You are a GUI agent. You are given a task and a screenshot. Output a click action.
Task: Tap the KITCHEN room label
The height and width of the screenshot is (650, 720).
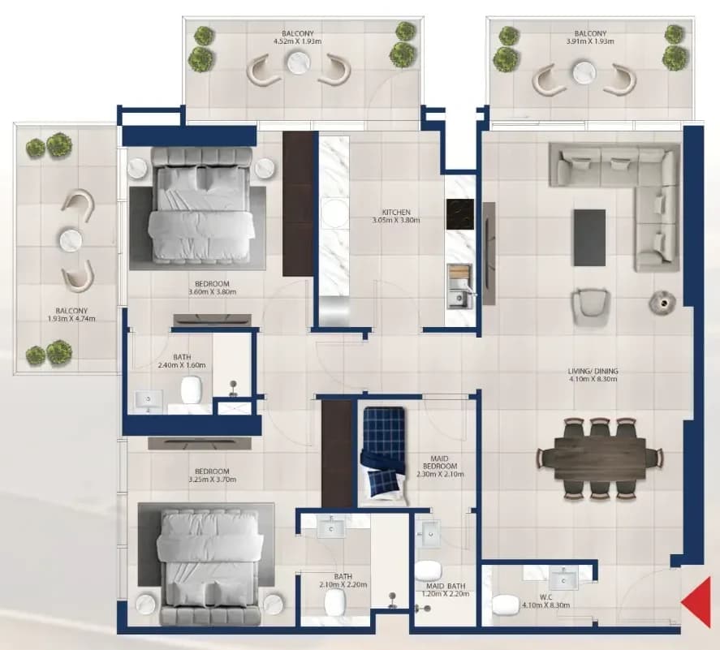396,213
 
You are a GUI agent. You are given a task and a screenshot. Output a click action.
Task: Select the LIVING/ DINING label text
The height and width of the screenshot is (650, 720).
593,371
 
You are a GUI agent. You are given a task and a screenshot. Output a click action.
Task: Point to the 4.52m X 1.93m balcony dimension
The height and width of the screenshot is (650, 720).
298,41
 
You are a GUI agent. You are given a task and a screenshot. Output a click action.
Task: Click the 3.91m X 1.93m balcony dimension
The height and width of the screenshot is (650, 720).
590,41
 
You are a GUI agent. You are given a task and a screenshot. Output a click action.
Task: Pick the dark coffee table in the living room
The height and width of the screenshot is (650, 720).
589,237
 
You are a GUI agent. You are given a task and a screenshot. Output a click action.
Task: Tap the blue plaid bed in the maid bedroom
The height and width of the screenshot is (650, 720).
384,453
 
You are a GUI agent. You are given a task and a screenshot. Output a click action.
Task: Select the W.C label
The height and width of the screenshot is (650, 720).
546,598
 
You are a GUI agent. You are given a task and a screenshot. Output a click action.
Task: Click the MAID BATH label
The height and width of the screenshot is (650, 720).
446,586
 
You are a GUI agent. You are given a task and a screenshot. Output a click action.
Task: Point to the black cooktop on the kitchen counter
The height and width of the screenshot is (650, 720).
459,213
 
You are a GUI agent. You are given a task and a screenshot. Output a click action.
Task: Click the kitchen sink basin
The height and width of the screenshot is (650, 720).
458,299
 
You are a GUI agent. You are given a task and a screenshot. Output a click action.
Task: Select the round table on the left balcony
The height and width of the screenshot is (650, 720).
71,239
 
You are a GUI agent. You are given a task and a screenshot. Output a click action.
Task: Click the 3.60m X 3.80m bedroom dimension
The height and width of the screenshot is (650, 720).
213,292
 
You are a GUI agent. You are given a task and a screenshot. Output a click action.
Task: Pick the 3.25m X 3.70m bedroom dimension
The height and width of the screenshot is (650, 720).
213,480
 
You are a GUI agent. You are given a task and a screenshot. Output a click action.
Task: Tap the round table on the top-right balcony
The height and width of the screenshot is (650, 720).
584,72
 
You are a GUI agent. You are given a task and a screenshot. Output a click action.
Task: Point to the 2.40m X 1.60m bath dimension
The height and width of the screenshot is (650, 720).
182,365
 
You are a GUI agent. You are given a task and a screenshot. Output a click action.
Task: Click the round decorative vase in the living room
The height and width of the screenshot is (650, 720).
662,303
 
